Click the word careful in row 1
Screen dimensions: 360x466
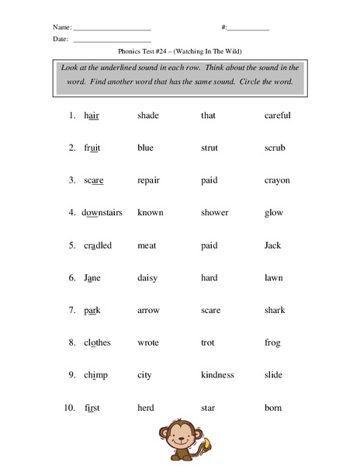click(x=277, y=116)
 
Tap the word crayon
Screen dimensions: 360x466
click(x=277, y=180)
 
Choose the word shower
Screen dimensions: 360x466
click(x=214, y=213)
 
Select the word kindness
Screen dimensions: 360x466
click(x=217, y=376)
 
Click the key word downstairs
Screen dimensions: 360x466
click(x=102, y=213)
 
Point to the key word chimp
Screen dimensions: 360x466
click(x=95, y=376)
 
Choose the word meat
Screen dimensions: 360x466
click(x=147, y=245)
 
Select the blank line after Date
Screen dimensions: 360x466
click(x=112, y=40)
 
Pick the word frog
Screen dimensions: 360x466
click(x=272, y=343)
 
